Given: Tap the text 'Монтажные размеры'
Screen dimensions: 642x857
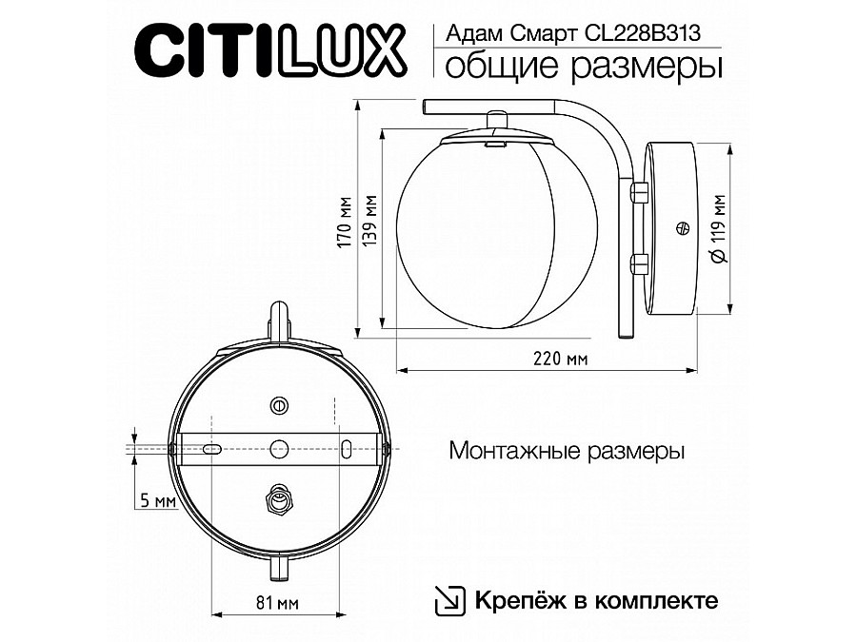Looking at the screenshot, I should (x=567, y=451).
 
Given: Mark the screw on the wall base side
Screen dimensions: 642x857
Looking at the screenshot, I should (x=681, y=228).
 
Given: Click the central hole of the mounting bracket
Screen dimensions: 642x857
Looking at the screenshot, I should (x=279, y=446).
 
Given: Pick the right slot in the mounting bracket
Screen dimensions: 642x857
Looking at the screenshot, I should (x=346, y=446).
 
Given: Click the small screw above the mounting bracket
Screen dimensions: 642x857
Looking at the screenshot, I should (x=279, y=405).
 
